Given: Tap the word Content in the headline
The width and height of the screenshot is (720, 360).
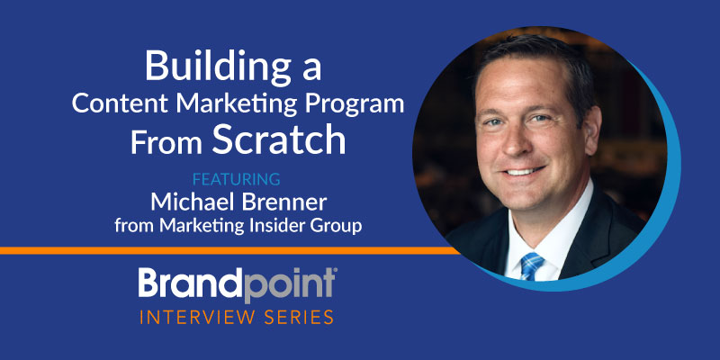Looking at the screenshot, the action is (121, 103).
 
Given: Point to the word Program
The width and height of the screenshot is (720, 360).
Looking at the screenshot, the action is (354, 105).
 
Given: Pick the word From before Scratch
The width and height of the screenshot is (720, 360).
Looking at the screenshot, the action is (166, 143).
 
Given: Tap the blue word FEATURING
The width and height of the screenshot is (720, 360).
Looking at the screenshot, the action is (237, 179).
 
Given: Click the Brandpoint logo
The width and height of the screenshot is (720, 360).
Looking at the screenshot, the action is (238, 284).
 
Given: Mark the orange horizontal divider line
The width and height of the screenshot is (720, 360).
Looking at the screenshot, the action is (229, 251).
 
